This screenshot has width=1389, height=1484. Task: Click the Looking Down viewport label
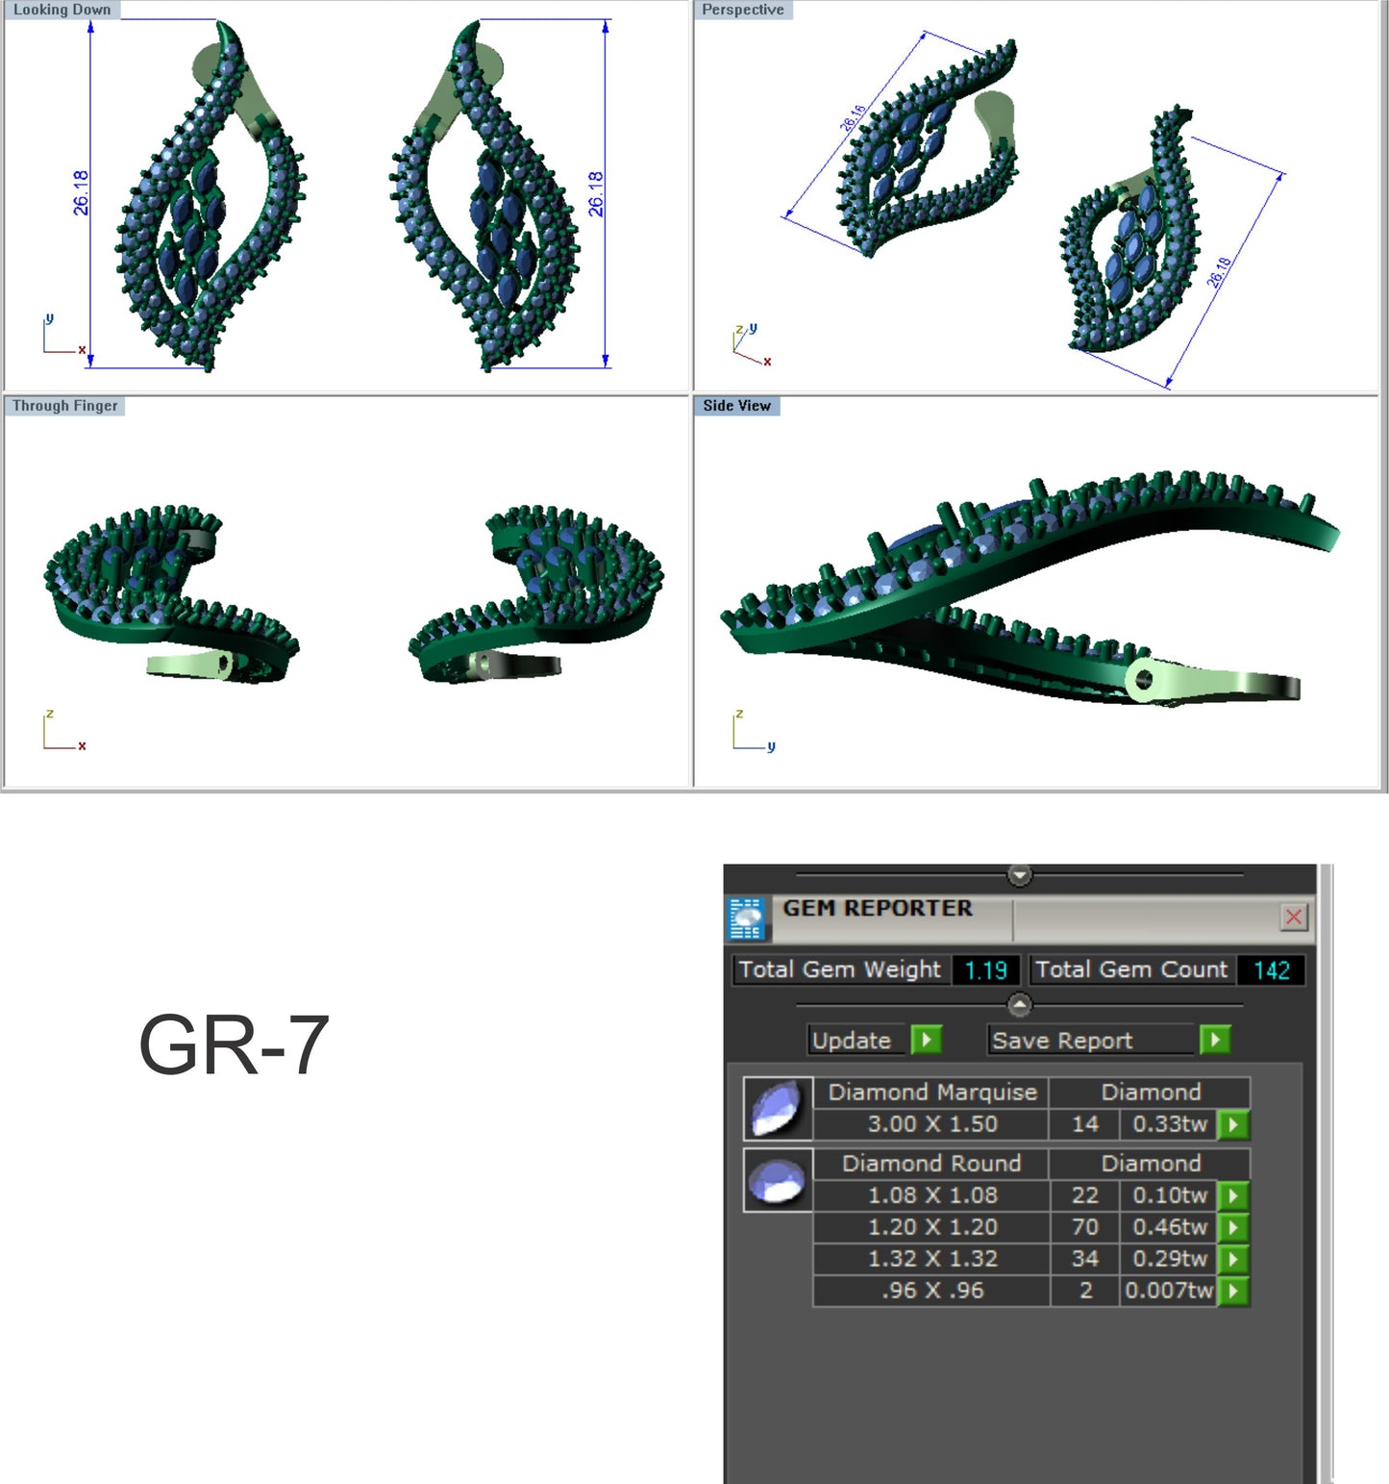(x=62, y=10)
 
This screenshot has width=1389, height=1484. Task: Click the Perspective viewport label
(x=742, y=10)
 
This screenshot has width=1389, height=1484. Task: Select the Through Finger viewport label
(x=64, y=406)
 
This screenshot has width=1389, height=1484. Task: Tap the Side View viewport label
(x=736, y=406)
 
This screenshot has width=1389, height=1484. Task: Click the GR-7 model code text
(x=234, y=1044)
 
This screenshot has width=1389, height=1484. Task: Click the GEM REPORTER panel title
(x=877, y=908)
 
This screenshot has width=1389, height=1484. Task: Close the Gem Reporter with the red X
(x=1293, y=917)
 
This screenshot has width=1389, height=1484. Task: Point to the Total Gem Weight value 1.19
(x=985, y=969)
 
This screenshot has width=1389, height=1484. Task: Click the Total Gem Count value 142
(x=1271, y=969)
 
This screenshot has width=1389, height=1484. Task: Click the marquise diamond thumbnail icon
(x=777, y=1108)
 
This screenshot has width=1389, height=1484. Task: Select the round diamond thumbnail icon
(x=777, y=1180)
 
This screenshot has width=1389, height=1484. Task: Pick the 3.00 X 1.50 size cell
(x=931, y=1123)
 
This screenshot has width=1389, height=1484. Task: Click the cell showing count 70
(x=1084, y=1226)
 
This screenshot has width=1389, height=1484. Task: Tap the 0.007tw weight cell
(x=1168, y=1290)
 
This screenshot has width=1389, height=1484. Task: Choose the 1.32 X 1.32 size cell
(x=931, y=1258)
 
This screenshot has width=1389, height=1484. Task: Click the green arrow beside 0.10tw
(x=1232, y=1195)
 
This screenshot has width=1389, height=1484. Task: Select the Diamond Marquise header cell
(x=931, y=1092)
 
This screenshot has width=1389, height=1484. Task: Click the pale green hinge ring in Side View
(x=1143, y=680)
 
